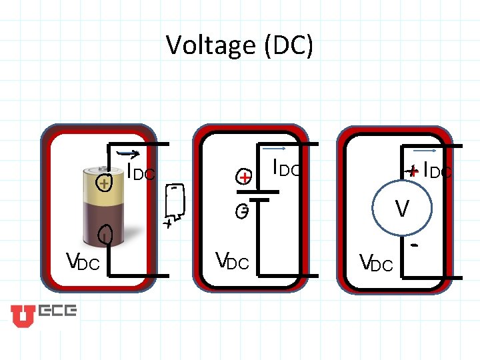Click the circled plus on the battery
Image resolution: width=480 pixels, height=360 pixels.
[103, 183]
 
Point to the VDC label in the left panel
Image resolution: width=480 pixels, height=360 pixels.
[82, 262]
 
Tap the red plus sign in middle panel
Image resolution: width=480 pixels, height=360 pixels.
[245, 177]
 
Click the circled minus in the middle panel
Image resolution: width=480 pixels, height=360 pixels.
[245, 212]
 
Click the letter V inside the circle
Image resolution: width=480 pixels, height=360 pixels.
[402, 209]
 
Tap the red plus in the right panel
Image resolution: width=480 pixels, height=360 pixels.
[413, 171]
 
